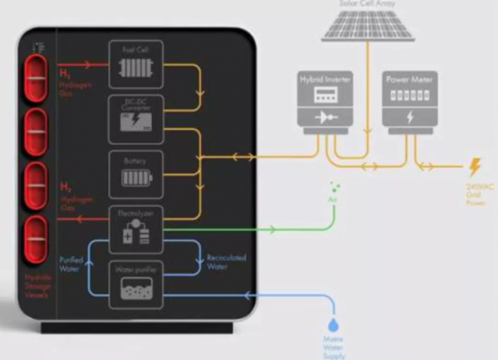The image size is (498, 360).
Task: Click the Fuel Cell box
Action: pos(135,64)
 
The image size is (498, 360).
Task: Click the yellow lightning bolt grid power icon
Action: pos(475,168)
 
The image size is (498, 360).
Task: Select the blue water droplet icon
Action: pos(334,319)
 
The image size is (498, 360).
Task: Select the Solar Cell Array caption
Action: pos(369,3)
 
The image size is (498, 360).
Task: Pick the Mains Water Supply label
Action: pos(334,346)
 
